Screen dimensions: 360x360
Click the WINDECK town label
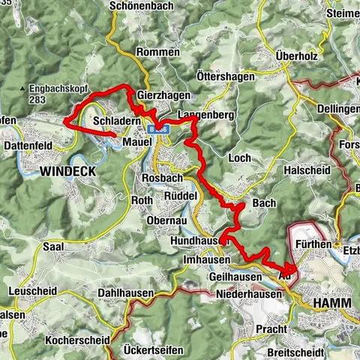(68, 172)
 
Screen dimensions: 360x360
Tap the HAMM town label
(331, 302)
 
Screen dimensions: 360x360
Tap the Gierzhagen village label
(163, 97)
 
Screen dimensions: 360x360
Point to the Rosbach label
(162, 179)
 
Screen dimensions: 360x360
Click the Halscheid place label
(307, 171)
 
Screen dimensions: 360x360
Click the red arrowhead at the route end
(291, 270)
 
